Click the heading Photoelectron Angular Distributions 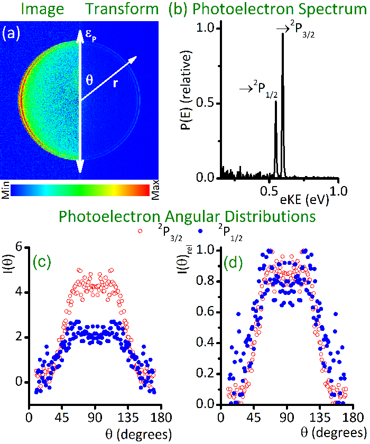187,216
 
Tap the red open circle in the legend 140,231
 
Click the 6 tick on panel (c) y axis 19,246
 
